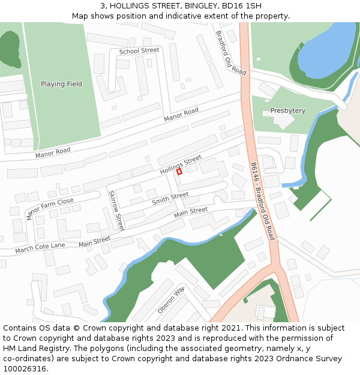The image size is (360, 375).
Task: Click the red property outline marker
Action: click(179, 172)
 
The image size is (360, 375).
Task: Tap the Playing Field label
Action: click(61, 84)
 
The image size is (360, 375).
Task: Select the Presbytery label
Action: click(287, 111)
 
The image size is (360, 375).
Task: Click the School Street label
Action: click(139, 51)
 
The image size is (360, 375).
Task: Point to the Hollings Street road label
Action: click(181, 164)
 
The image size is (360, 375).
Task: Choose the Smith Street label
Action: click(170, 198)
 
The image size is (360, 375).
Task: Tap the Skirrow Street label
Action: click(116, 211)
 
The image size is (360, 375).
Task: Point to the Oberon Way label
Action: click(171, 299)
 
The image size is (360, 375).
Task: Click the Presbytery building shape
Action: click(284, 120)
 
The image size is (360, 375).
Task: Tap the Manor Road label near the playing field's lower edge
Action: click(53, 152)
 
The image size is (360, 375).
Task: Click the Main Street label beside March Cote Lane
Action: click(94, 242)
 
